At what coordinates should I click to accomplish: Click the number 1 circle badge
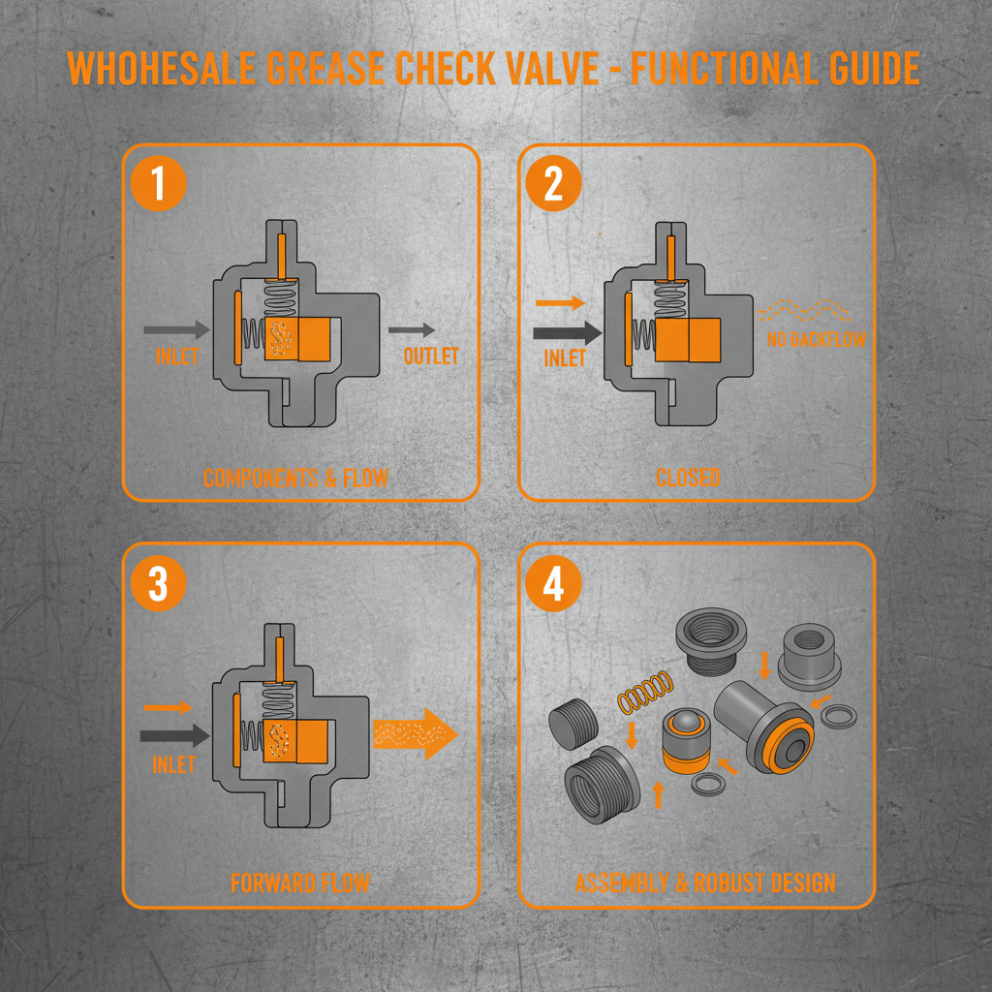(157, 185)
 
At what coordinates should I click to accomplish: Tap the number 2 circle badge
(553, 185)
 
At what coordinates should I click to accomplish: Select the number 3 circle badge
(157, 585)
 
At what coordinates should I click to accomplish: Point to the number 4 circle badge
(553, 585)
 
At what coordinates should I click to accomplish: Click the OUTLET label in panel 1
(431, 356)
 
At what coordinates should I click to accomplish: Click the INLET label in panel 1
(176, 356)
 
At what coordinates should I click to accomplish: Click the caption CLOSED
(688, 478)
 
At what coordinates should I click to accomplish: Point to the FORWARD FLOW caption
(299, 883)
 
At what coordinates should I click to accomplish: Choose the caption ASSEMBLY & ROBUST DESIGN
(704, 883)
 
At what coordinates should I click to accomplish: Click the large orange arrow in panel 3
(415, 733)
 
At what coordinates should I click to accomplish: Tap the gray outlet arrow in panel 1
(412, 330)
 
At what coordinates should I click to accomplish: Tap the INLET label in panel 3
(173, 763)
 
